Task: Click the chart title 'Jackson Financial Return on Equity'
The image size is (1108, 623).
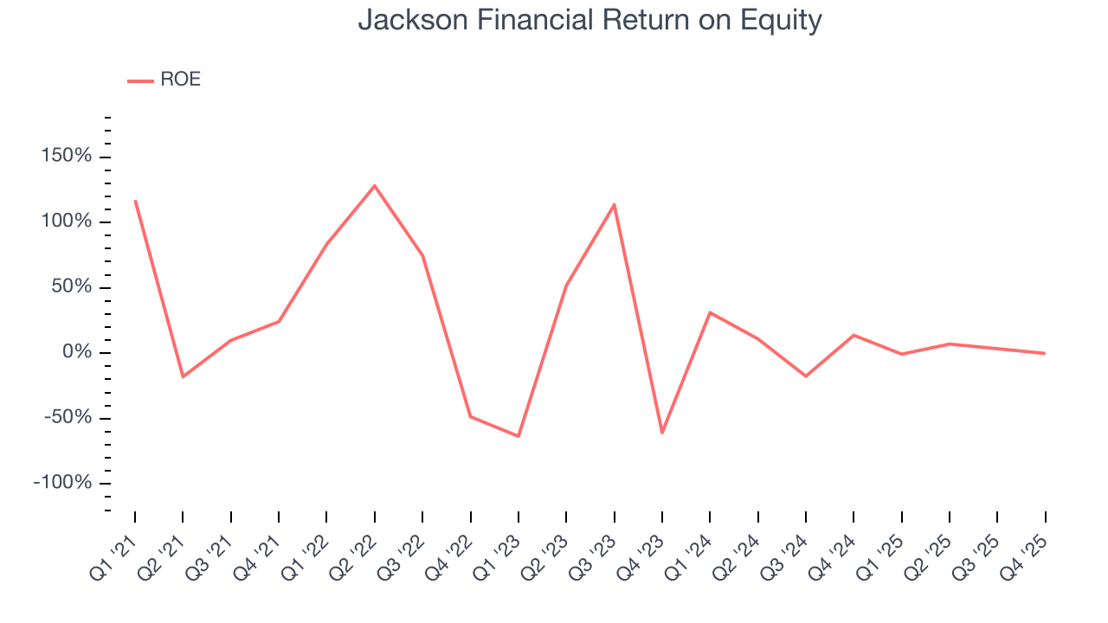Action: click(x=589, y=20)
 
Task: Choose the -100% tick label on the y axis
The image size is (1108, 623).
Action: click(x=62, y=482)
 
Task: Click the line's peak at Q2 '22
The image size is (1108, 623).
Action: click(x=375, y=185)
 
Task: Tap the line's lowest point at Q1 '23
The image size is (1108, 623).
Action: click(x=519, y=436)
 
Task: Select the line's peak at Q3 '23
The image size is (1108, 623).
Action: click(x=615, y=204)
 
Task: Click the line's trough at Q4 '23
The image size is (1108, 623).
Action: click(x=662, y=433)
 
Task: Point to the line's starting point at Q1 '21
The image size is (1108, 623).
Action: click(x=135, y=201)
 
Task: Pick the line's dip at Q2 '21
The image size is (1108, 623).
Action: click(x=183, y=376)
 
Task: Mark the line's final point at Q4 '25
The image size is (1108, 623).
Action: click(x=1045, y=353)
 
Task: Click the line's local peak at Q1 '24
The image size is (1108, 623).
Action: click(x=710, y=312)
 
